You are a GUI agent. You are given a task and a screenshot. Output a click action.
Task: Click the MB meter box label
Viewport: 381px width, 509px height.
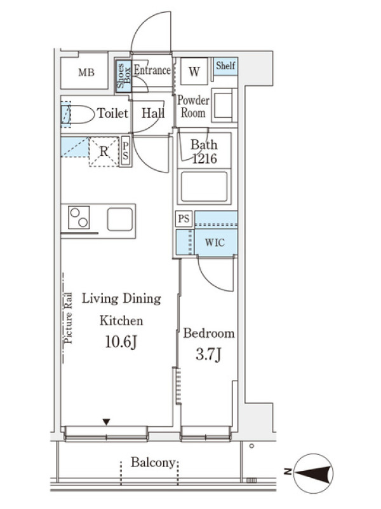tap(86, 73)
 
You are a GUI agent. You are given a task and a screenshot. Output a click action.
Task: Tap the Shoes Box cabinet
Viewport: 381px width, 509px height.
tap(124, 76)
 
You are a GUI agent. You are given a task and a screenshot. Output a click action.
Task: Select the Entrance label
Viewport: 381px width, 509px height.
tap(152, 70)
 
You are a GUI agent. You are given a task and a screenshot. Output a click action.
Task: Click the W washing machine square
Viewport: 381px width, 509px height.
tap(194, 71)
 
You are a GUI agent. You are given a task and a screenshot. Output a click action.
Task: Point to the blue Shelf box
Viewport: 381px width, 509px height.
tap(225, 66)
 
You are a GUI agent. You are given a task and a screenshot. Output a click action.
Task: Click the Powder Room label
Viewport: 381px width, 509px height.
tap(193, 106)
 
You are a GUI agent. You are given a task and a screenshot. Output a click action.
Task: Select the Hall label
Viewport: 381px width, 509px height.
tap(153, 113)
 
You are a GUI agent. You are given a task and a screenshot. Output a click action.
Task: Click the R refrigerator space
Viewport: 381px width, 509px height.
tap(104, 151)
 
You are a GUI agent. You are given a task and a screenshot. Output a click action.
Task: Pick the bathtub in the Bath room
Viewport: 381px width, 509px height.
tap(204, 186)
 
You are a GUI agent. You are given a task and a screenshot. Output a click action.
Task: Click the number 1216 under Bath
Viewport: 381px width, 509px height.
tap(204, 158)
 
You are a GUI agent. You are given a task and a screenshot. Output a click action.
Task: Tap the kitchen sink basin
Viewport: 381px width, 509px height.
tap(120, 219)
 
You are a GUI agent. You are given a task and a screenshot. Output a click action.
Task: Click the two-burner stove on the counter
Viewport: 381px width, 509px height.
tap(79, 217)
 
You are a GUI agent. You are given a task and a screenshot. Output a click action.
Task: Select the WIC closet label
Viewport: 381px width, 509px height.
tap(215, 242)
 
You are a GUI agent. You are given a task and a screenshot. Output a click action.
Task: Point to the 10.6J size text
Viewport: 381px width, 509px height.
tap(121, 342)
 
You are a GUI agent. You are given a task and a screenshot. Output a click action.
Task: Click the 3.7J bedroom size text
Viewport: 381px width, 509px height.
tap(209, 354)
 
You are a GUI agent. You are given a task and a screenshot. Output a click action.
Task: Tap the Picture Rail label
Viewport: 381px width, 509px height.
tap(69, 318)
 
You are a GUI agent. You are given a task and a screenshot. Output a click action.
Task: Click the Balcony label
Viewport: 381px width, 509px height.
tap(153, 463)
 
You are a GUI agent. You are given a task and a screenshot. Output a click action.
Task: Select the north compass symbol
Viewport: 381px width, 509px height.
tap(314, 473)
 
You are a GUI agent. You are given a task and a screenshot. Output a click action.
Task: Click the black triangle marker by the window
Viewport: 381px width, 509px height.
tap(106, 422)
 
